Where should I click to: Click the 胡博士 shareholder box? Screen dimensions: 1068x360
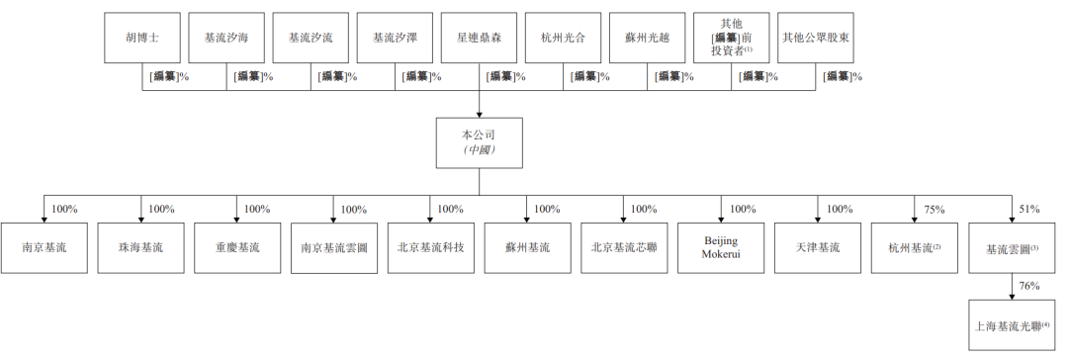pos(142,38)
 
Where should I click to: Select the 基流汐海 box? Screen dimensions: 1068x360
pos(226,38)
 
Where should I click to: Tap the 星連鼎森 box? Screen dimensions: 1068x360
pos(479,38)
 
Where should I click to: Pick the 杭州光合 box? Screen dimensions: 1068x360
pos(563,38)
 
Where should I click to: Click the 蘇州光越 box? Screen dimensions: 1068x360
pos(647,38)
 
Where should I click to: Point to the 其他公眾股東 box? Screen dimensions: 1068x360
pos(815,38)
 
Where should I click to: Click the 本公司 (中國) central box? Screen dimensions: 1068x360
pos(480,142)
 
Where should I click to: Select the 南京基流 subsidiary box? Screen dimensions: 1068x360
pos(44,248)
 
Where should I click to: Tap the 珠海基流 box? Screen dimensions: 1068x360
pos(140,248)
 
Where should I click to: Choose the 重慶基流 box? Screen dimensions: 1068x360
pos(237,248)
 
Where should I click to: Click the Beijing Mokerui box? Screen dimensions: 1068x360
pos(721,248)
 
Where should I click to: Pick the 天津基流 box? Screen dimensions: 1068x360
pos(818,248)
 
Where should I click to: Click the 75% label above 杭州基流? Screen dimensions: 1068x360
pos(934,210)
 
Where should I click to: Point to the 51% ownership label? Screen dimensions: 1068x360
pos(1029,210)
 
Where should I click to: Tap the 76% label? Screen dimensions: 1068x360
pos(1029,287)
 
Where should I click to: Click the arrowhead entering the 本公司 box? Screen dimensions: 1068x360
pos(479,113)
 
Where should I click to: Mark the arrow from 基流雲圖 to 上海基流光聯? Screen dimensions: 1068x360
pos(1013,288)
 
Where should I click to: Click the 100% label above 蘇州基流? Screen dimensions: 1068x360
pos(547,210)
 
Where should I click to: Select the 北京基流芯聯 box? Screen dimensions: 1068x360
pos(625,248)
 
